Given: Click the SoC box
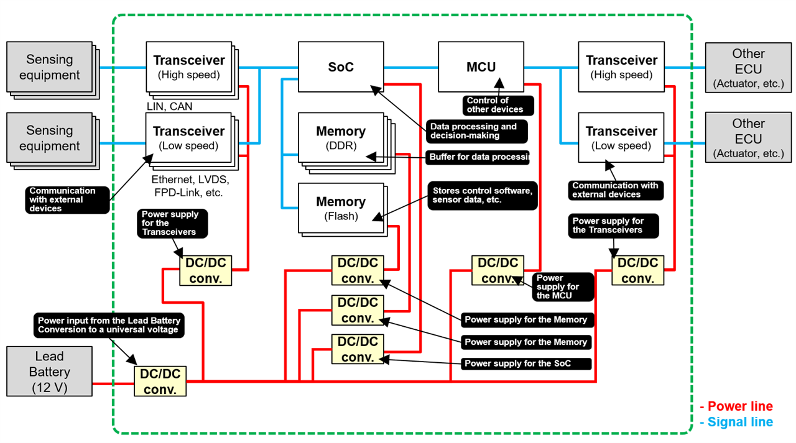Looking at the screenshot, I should [x=340, y=67].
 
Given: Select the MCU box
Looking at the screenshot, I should [x=481, y=67].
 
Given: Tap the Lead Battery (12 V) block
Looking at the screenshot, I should [x=49, y=372].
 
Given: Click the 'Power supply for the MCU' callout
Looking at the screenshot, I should [x=562, y=286].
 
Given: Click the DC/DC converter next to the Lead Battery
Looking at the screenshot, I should [x=160, y=381].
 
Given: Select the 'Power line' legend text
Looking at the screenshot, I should [x=738, y=406].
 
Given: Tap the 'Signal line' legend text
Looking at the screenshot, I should [x=738, y=422].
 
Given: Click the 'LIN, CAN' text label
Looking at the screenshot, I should [x=169, y=107].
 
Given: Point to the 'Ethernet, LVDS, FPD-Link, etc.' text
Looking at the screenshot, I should [x=190, y=186].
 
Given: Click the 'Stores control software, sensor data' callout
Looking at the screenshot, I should [x=482, y=196].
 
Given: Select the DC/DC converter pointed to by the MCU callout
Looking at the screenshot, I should [x=497, y=271].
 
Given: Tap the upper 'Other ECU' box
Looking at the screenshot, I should [x=748, y=68].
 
